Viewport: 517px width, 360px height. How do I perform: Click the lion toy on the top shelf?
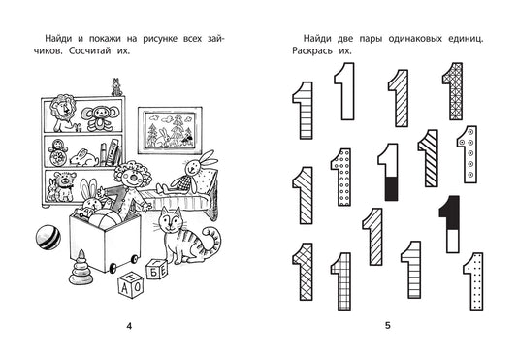pos(64,113)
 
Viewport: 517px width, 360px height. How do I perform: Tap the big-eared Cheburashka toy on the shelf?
pos(99,118)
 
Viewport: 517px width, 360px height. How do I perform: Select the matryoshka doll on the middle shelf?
pos(57,152)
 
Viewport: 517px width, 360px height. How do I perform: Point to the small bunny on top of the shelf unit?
pos(116,87)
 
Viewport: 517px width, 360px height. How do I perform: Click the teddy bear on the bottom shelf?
pos(65,185)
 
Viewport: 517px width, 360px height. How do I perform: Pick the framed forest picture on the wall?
pos(170,130)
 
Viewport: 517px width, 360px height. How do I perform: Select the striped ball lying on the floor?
pos(48,237)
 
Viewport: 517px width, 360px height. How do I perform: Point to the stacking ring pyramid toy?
pos(81,269)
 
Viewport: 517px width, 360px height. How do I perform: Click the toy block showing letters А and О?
pos(130,284)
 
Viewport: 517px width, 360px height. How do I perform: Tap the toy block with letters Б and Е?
pos(157,269)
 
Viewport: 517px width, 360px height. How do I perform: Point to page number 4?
pos(129,326)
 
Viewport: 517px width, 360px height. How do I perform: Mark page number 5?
pos(388,326)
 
